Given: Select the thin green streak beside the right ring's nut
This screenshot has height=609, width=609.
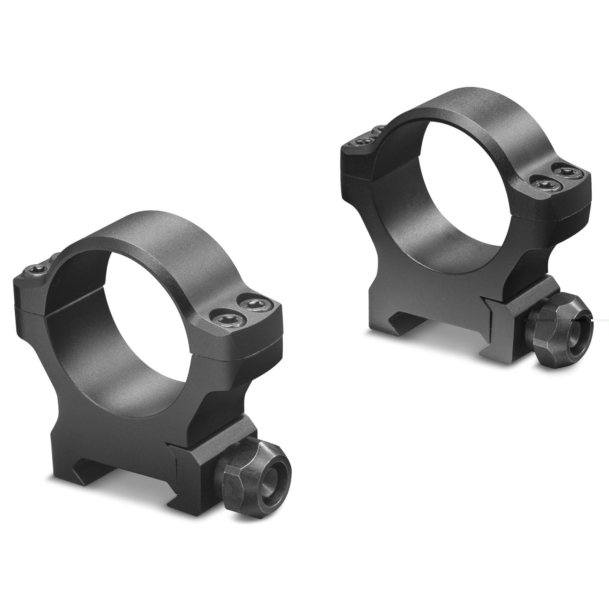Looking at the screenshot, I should (x=598, y=321).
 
